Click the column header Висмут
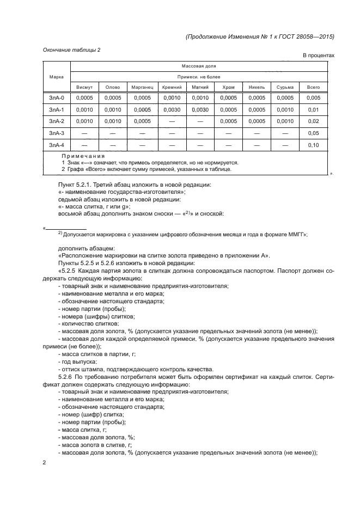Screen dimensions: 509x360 (84, 87)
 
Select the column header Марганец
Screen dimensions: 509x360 (142, 87)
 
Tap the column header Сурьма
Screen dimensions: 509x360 (285, 87)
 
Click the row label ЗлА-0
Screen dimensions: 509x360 (57, 98)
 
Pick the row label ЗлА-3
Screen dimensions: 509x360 (57, 133)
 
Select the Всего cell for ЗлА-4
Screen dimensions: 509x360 (313, 145)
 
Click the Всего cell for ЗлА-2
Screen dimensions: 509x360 (313, 121)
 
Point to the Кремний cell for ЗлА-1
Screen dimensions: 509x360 (171, 109)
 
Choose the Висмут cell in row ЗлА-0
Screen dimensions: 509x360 (84, 98)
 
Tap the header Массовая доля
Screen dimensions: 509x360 (199, 66)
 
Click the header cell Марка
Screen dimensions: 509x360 (57, 77)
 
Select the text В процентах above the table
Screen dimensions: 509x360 (318, 56)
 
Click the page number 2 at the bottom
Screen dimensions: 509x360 (45, 462)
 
